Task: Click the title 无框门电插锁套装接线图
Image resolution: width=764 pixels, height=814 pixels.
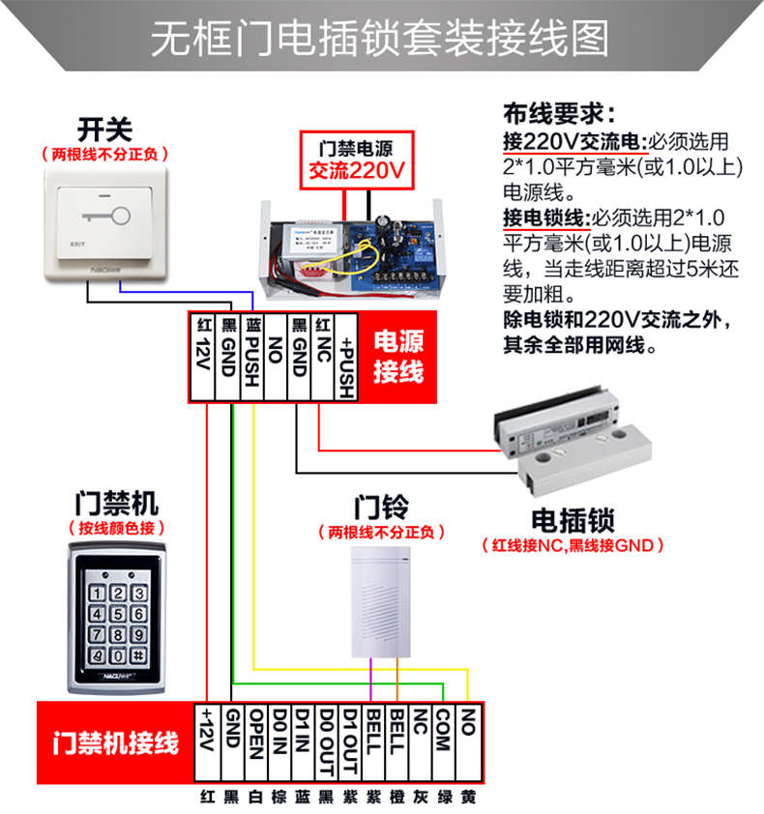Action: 381,40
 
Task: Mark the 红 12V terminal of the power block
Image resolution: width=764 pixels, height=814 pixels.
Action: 202,356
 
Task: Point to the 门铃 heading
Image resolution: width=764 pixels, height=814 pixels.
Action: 381,507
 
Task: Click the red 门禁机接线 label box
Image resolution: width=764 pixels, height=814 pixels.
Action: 115,743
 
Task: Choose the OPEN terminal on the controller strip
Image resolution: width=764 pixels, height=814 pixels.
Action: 256,743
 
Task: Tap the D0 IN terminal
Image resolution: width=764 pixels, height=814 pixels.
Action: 279,743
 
